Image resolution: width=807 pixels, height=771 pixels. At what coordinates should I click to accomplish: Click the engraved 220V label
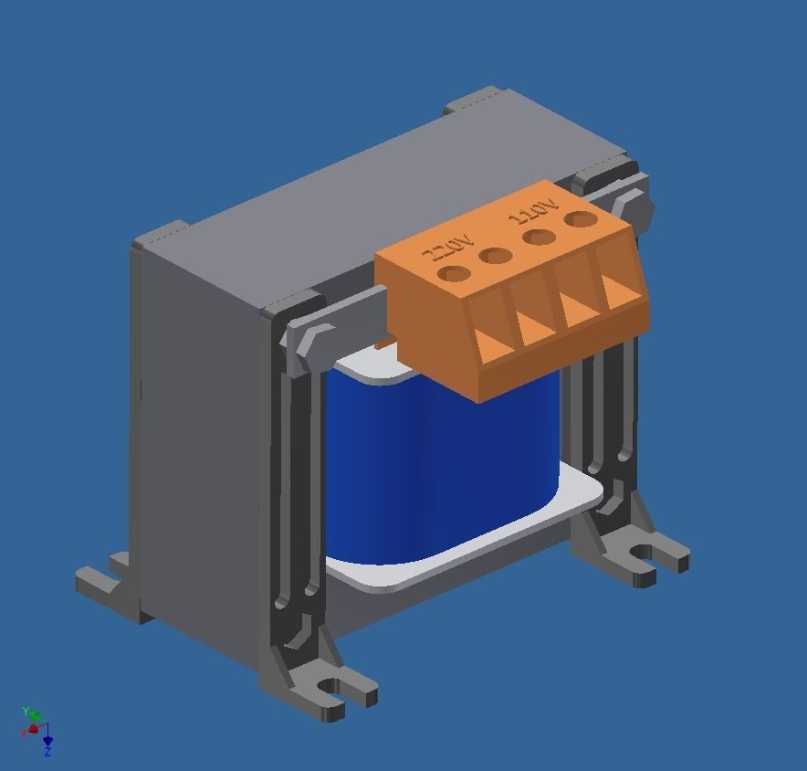tap(447, 247)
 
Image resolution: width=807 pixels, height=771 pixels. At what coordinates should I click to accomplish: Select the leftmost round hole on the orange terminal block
tap(453, 273)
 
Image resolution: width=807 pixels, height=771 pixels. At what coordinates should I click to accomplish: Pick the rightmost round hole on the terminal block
tap(579, 219)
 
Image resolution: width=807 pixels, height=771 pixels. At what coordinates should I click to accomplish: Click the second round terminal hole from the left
tap(495, 255)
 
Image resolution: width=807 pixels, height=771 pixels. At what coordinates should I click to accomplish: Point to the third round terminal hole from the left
tap(538, 238)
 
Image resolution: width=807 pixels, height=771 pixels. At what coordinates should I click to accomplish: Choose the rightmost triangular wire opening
tap(622, 291)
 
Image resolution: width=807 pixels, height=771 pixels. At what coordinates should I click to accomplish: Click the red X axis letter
tap(23, 733)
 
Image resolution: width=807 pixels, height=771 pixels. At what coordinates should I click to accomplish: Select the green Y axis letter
tap(26, 711)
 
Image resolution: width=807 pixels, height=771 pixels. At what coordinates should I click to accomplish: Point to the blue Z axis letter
tap(47, 752)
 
